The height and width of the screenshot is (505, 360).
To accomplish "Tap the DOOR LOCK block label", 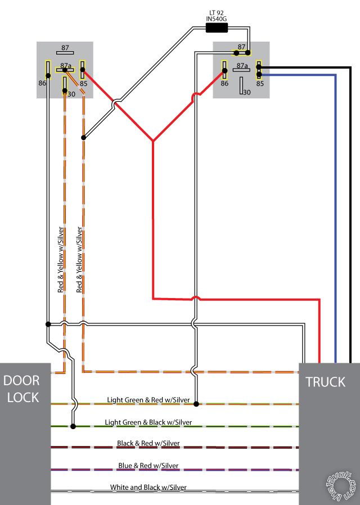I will coord(21,389).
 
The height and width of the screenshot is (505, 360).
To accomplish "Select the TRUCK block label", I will coord(325,382).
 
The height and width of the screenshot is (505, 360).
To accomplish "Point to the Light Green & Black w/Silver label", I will coord(148,422).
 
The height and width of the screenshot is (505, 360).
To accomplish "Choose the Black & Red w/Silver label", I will coord(148,444).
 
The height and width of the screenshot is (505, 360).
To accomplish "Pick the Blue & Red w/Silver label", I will coord(148,466).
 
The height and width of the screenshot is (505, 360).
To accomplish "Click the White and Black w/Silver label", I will coord(148,487).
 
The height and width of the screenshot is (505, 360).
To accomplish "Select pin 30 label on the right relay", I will coord(246,92).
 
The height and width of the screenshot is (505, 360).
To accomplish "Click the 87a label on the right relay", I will coord(242,66).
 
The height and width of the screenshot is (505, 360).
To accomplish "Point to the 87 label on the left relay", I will coord(65,48).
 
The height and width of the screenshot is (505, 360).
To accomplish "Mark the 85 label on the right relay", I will coord(260,83).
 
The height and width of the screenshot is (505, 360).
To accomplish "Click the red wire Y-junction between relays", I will coord(153,141).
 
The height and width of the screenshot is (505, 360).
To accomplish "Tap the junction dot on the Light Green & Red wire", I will coord(196,403).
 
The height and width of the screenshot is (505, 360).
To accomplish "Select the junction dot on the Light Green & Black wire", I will coord(73,426).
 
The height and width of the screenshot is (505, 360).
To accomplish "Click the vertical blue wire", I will coord(336,225).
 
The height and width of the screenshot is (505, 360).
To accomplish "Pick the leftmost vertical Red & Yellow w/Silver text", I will coord(61,259).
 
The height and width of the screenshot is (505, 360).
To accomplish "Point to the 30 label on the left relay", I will coord(71,94).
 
